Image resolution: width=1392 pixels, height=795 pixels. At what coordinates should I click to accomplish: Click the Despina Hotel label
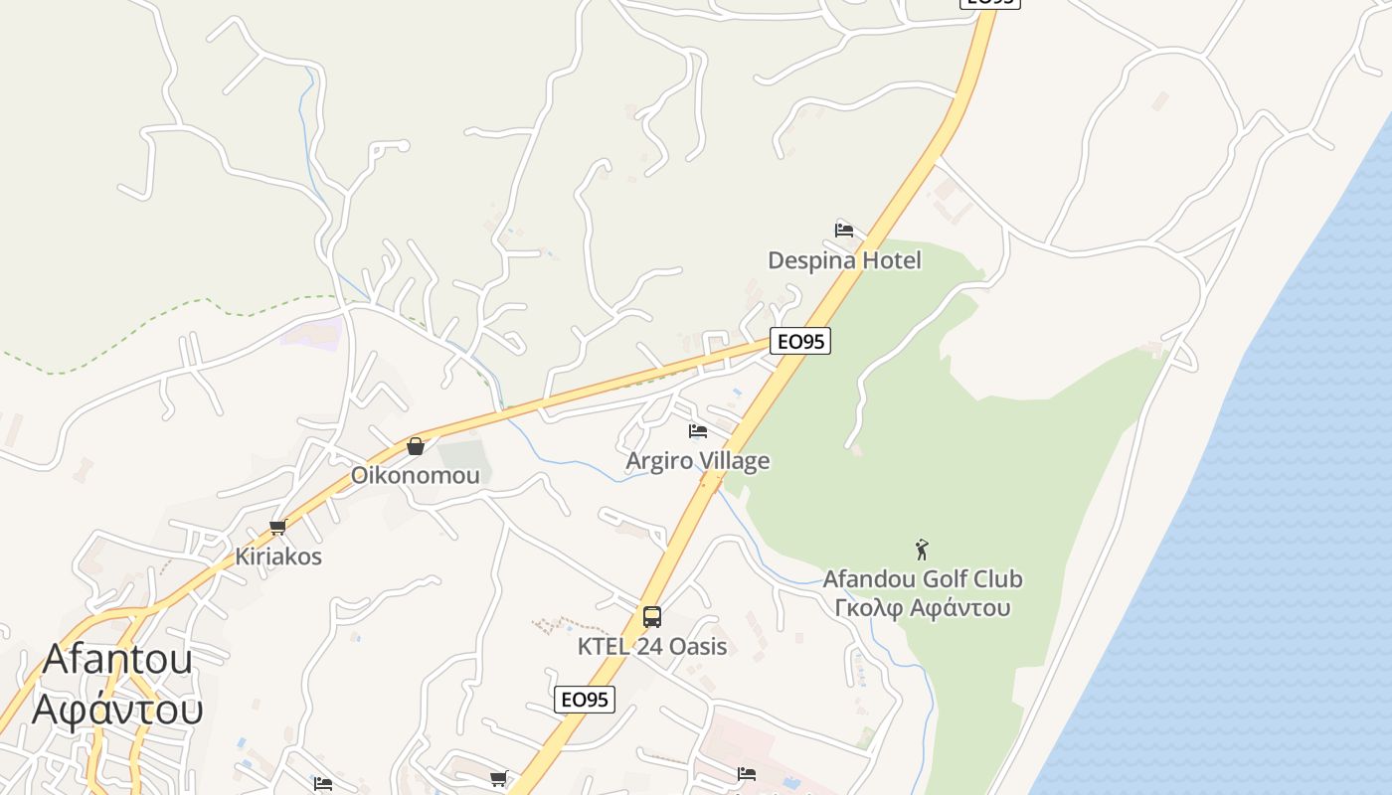coord(844,260)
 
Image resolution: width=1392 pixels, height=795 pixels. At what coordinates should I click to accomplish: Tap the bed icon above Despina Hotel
coord(844,231)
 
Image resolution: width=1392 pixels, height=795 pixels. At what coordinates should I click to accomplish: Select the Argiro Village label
coord(697,461)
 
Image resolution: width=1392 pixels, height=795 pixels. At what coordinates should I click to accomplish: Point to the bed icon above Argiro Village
coord(698,431)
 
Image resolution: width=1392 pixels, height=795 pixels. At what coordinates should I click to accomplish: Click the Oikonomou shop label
coord(415,475)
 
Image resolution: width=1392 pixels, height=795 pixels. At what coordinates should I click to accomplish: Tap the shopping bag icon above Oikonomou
coord(416,446)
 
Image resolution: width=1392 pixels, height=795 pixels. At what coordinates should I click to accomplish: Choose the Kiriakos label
coord(278,556)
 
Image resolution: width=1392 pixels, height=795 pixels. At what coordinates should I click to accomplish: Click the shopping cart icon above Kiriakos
coord(277,528)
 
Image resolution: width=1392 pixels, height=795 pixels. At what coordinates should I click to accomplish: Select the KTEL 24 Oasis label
coord(652,647)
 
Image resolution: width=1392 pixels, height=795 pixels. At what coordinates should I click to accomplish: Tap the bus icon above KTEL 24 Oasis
coord(652,616)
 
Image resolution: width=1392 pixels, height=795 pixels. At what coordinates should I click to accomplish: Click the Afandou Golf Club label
coord(922,579)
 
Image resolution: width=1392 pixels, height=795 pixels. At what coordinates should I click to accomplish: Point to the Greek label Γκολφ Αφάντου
coord(923,608)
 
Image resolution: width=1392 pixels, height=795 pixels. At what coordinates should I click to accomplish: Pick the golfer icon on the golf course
coord(922,549)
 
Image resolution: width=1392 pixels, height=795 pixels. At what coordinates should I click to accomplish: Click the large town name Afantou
coord(117,659)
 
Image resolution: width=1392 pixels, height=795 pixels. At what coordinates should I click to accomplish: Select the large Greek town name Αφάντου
coord(117,709)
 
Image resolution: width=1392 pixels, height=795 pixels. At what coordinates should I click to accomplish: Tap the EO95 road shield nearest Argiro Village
coord(800,342)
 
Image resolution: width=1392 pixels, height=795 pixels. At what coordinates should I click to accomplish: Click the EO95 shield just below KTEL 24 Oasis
coord(585,700)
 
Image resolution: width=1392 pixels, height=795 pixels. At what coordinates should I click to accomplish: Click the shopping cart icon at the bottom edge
coord(498,778)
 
